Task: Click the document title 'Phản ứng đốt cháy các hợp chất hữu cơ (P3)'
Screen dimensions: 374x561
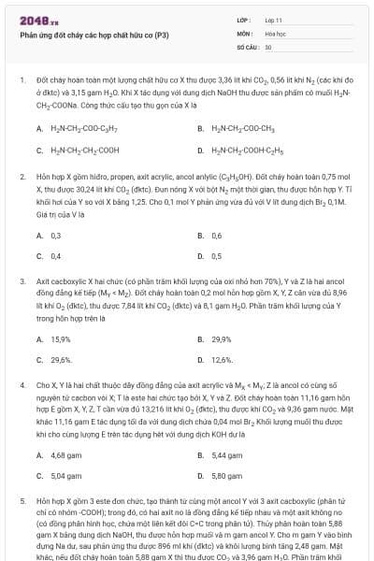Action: [x=93, y=36]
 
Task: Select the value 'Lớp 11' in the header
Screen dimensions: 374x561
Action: [x=274, y=19]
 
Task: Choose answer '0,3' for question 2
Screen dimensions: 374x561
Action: [x=55, y=235]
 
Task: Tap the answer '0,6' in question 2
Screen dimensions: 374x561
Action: [x=217, y=235]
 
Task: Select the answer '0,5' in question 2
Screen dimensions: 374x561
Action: [x=217, y=255]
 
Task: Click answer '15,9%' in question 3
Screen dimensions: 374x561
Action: [x=60, y=338]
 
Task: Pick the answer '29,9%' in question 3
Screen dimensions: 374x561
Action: [x=221, y=338]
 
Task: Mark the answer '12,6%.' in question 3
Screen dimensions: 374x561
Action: [x=222, y=359]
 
